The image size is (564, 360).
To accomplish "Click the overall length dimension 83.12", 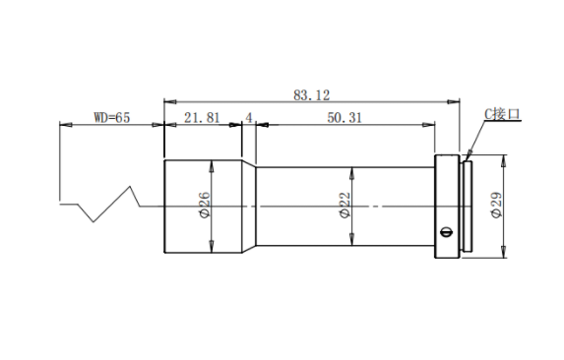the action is coord(311,95).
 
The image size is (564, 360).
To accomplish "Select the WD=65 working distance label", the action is coord(112,117).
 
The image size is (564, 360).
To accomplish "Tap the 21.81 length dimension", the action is coord(202,117).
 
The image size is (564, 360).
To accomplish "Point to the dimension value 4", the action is coord(249,117).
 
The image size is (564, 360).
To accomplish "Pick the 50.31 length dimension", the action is coord(345,117).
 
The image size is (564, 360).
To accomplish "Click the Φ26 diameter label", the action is coord(205,205).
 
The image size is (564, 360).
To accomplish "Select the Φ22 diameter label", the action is coord(345,205).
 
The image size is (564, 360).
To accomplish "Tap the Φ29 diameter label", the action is coord(496,205).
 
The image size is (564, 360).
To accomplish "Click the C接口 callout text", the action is coord(502,114).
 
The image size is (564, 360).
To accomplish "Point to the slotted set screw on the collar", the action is coord(447,232).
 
